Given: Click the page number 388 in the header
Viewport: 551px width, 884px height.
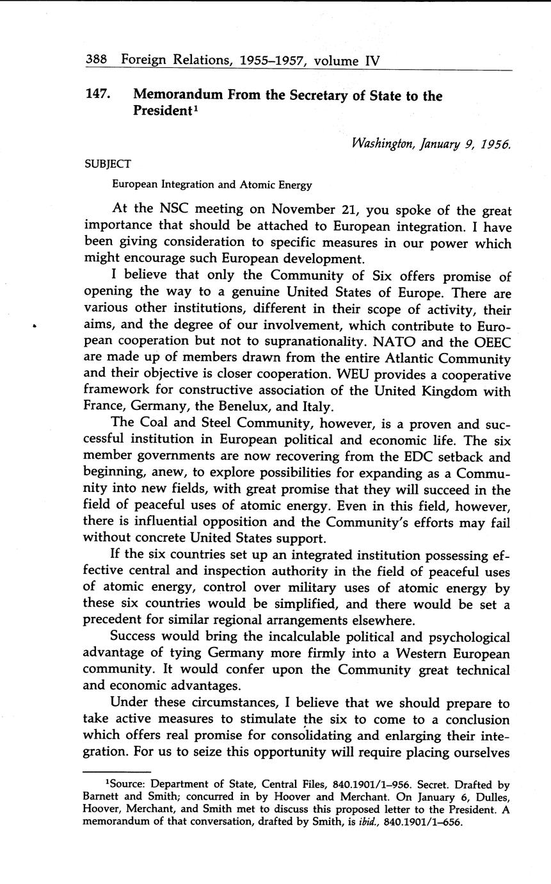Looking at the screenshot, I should [95, 61].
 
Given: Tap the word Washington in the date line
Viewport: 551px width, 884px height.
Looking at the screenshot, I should [383, 144].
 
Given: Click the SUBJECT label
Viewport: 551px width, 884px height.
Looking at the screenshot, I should [108, 164].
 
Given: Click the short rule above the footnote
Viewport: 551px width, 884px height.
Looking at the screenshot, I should [117, 771].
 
